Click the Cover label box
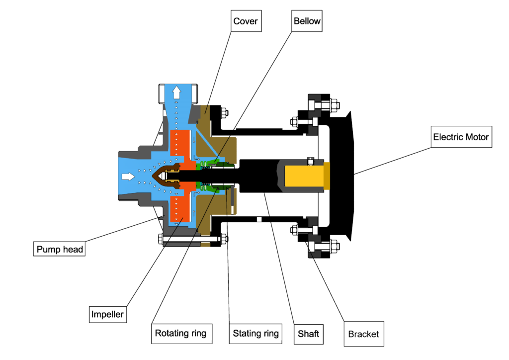[x=246, y=21]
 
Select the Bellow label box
[x=307, y=21]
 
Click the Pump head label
[x=60, y=249]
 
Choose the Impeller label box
[x=107, y=314]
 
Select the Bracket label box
[x=364, y=334]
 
